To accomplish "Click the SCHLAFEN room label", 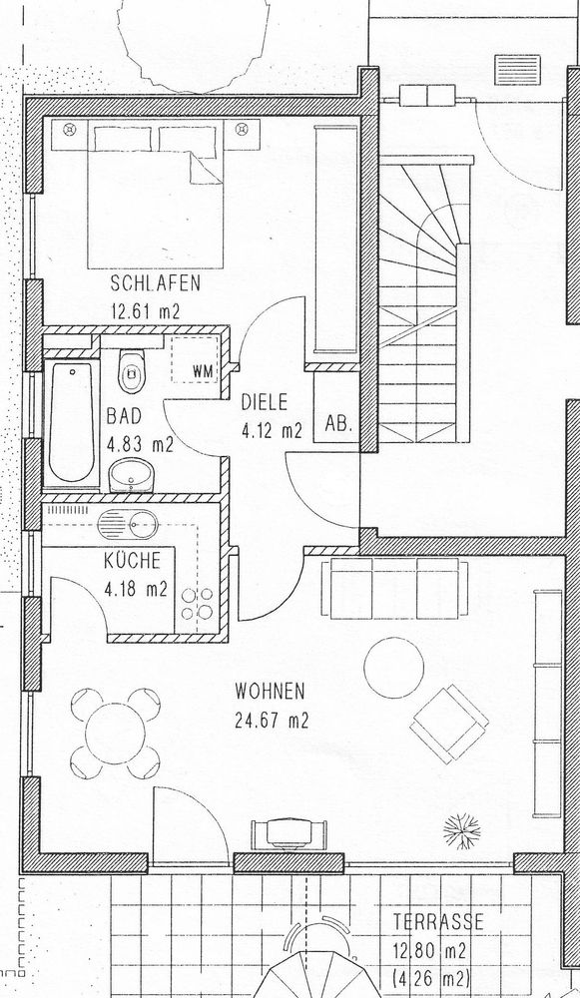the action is pos(156,282).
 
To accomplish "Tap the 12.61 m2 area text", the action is pos(145,311).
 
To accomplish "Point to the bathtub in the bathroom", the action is pos(71,423).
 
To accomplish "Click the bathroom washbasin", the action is pos(131,475).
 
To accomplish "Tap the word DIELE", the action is pos(265,402).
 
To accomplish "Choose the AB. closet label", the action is pos(338,424).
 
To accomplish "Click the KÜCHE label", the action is pos(133,561).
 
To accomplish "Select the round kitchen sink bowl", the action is pos(143,525).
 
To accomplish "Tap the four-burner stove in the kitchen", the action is pos(198,604).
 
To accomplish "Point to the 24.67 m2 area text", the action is pos(272,721).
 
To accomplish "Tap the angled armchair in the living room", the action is pos(449,723).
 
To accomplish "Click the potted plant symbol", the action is pos(462,828).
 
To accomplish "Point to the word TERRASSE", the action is pos(438,921).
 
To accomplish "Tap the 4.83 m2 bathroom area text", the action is pos(140,445).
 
